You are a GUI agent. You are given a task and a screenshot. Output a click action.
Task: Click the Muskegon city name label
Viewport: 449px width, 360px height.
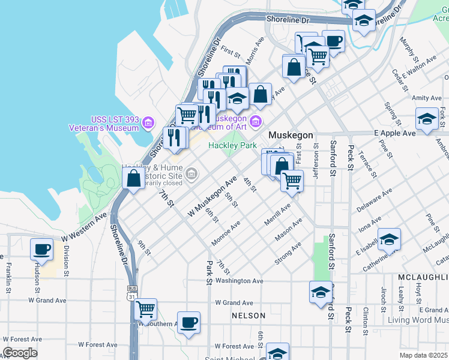pyautogui.click(x=291, y=135)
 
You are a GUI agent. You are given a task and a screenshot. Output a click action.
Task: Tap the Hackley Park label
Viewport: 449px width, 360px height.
pyautogui.click(x=232, y=146)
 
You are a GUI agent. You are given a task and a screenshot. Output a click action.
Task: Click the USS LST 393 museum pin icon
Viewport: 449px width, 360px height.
pyautogui.click(x=148, y=125)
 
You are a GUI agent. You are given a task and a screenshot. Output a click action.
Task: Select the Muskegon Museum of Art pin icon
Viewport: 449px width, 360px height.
pyautogui.click(x=256, y=122)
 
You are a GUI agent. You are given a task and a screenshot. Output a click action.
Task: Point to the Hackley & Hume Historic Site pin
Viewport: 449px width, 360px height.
pyautogui.click(x=191, y=175)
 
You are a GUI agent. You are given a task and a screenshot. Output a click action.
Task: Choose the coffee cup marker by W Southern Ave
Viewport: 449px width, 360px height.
pyautogui.click(x=188, y=323)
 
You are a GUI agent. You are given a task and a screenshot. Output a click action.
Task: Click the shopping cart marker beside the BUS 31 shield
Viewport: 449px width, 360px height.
pyautogui.click(x=146, y=310)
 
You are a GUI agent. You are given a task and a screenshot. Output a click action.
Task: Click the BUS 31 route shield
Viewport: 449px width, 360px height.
pyautogui.click(x=132, y=296)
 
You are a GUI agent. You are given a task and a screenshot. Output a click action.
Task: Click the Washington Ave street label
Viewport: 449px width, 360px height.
pyautogui.click(x=240, y=281)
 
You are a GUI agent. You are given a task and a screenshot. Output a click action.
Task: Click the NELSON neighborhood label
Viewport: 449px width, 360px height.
pyautogui.click(x=249, y=316)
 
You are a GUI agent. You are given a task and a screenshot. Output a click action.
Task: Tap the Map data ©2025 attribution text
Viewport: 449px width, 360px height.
pyautogui.click(x=423, y=355)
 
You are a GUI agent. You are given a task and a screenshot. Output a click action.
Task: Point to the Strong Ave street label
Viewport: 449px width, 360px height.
pyautogui.click(x=288, y=253)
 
